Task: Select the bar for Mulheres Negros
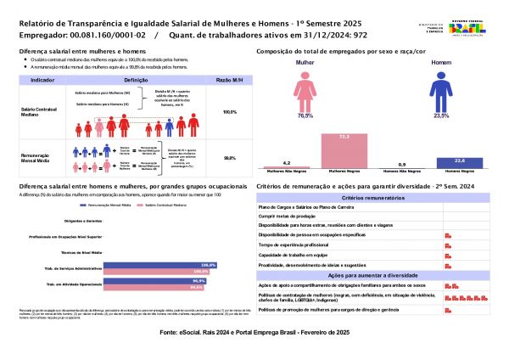click(344, 149)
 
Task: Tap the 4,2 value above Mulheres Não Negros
click(287, 162)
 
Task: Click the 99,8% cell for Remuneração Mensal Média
click(229, 158)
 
